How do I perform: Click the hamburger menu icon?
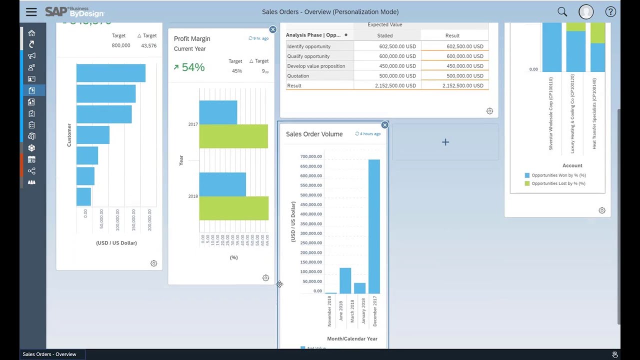pos(31,12)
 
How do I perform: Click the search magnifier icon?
pos(562,12)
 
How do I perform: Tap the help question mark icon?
pos(610,12)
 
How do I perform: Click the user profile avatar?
pos(586,12)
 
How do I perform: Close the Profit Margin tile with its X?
pos(272,29)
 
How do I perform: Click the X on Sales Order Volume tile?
pos(384,125)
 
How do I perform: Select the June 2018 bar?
pos(345,280)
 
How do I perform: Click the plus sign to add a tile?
pos(445,142)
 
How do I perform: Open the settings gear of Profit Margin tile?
pos(265,278)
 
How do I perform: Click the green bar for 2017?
pos(233,136)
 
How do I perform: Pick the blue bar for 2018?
pos(222,184)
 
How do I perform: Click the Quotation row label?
pos(298,76)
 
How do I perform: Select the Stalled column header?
pos(384,35)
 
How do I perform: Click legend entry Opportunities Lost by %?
pos(558,183)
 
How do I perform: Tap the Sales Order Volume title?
pos(314,134)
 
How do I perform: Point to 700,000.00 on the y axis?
pos(311,156)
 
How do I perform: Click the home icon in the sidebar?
pos(31,33)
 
